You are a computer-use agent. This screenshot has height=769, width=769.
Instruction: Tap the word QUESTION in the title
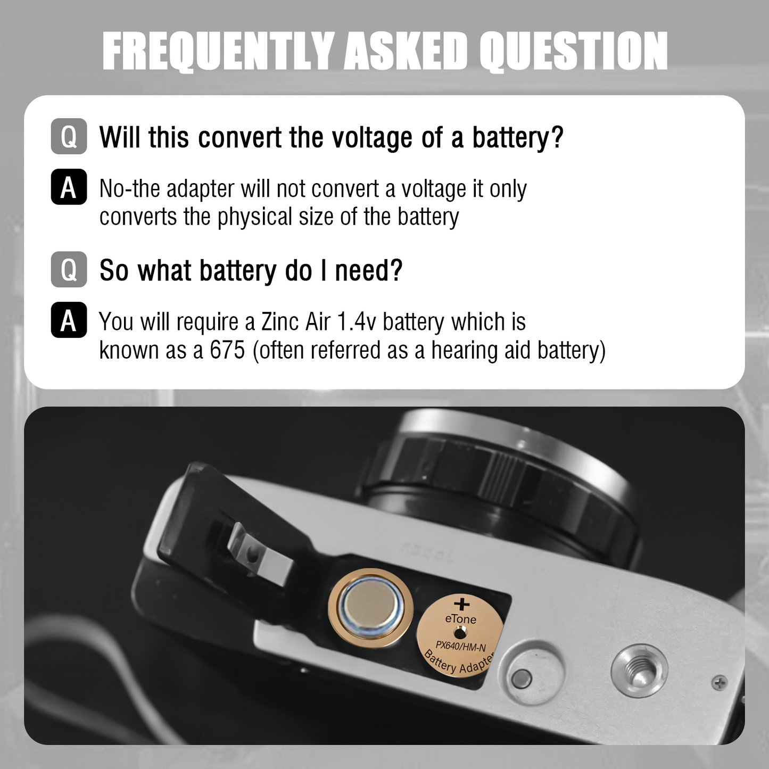click(x=574, y=52)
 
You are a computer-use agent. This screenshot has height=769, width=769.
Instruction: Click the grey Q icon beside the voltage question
click(x=69, y=136)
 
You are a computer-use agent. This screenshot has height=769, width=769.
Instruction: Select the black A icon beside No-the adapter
click(x=69, y=187)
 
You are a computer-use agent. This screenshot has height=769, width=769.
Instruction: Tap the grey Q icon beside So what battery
click(x=69, y=269)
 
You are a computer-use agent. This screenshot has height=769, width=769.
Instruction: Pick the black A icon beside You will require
click(x=69, y=320)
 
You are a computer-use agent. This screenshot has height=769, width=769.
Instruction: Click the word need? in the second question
click(x=368, y=270)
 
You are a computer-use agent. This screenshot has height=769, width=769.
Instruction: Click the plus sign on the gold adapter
click(x=462, y=604)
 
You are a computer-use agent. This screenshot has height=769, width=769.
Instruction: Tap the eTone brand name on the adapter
click(x=461, y=619)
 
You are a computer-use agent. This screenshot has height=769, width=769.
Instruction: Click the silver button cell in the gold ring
click(x=370, y=608)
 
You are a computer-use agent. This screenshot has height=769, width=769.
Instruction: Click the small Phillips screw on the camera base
click(x=720, y=683)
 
